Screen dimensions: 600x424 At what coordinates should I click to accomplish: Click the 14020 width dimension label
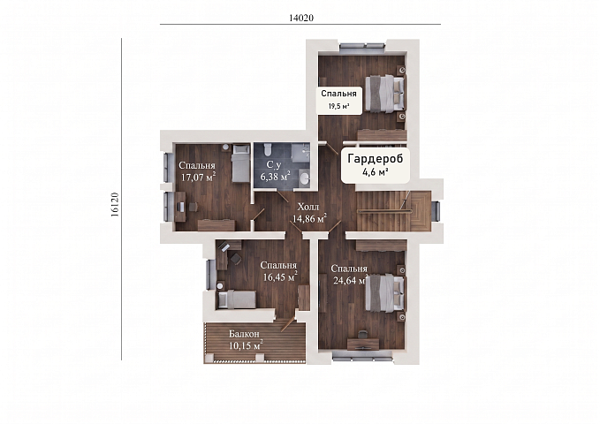tap(301, 18)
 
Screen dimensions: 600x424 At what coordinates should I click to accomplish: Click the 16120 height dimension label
tap(115, 205)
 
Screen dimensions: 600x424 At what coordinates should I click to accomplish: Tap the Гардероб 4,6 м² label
tap(376, 164)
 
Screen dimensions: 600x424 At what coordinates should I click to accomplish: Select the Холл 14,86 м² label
tap(309, 213)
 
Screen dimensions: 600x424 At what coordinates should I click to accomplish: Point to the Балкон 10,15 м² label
tap(246, 340)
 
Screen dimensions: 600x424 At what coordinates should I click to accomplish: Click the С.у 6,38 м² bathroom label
tap(275, 170)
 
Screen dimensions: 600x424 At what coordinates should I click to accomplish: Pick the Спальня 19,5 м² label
tap(339, 100)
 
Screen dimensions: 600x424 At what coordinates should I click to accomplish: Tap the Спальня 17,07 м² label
tap(197, 171)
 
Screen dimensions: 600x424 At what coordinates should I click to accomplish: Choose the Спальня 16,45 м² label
tap(279, 271)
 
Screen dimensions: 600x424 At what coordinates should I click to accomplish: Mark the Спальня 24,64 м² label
tap(349, 275)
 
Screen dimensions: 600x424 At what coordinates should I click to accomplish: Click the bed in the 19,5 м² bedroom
tap(384, 94)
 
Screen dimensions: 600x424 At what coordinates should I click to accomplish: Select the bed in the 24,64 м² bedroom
tap(384, 292)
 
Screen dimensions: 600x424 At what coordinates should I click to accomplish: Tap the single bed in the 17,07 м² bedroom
tap(240, 163)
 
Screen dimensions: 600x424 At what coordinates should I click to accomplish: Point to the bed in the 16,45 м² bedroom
tap(236, 299)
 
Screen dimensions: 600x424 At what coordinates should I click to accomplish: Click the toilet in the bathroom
tap(268, 148)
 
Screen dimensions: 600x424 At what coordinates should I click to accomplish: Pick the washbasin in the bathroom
tap(305, 178)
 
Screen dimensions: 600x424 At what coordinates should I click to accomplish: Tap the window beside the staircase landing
tap(436, 211)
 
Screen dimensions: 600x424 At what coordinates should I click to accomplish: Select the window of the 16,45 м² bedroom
tap(209, 275)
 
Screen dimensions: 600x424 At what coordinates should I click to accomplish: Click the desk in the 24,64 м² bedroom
tap(363, 344)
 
